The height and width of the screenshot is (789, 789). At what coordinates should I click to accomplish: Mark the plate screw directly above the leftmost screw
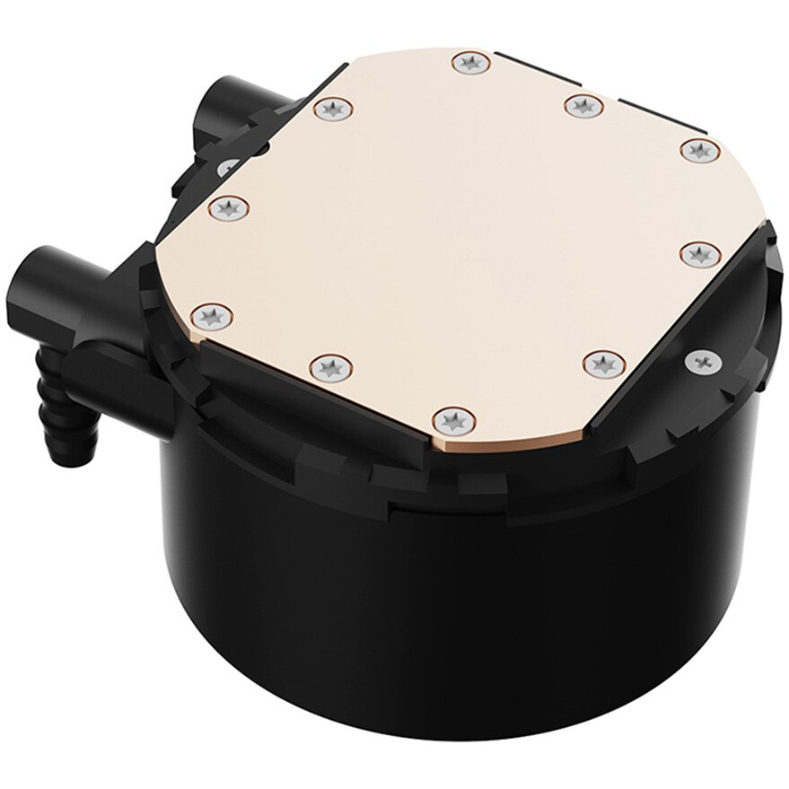point(228,207)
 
